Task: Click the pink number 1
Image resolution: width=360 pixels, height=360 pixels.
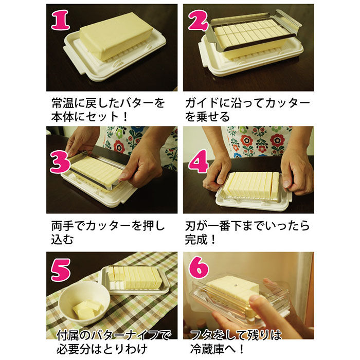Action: click(61, 20)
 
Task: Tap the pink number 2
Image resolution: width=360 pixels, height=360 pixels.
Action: click(198, 20)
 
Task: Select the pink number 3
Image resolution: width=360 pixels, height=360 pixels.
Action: click(60, 162)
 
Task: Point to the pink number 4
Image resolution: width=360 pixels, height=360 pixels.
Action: click(199, 161)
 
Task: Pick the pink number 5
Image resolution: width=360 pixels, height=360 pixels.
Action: click(61, 270)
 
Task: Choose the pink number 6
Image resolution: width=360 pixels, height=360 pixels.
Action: click(199, 267)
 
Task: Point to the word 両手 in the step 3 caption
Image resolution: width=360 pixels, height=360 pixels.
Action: click(62, 226)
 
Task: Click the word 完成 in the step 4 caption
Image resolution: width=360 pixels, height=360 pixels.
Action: click(196, 240)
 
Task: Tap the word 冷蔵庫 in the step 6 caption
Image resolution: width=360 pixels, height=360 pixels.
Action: click(207, 349)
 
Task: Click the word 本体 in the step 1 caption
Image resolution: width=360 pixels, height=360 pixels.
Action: click(62, 117)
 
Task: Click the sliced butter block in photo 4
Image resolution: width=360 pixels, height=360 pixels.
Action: click(251, 185)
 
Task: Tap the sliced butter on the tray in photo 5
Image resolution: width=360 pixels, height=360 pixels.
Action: click(135, 278)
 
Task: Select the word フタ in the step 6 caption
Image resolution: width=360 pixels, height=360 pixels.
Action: click(202, 335)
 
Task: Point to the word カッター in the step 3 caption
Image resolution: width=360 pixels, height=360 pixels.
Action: click(108, 226)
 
